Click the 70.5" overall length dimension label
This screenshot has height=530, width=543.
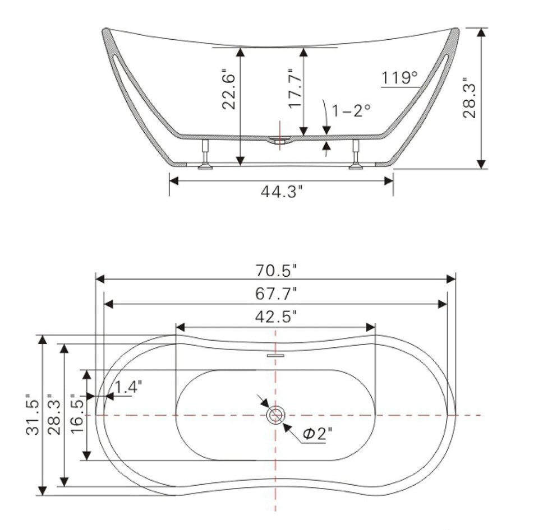click(275, 271)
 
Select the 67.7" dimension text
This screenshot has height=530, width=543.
click(275, 294)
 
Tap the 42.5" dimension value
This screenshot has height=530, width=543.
click(275, 317)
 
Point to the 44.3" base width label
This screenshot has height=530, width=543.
click(282, 192)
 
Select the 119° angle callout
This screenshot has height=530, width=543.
click(400, 78)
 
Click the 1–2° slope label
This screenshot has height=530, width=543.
click(352, 110)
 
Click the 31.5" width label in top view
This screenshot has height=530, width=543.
click(32, 416)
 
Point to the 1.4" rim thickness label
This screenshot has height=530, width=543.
click(128, 386)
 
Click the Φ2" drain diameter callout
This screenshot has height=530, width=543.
click(316, 433)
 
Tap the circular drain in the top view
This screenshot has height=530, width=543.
click(275, 415)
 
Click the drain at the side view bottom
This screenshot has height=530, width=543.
click(279, 140)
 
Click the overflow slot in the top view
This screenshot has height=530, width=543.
click(275, 355)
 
